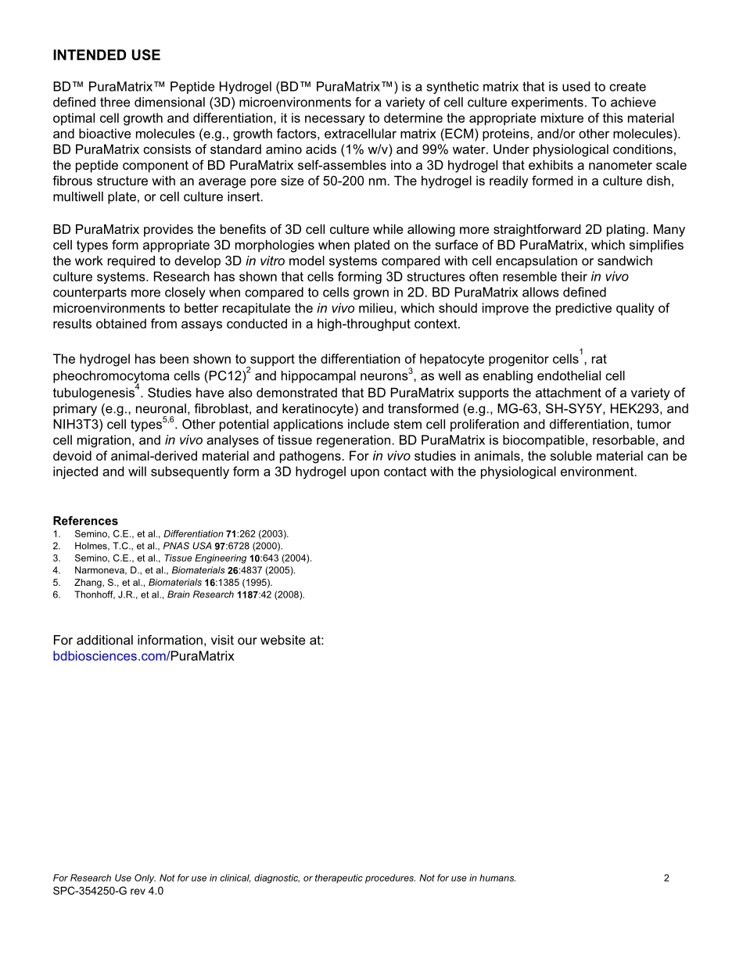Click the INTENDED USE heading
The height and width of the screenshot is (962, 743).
click(106, 56)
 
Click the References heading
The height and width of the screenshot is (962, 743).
click(85, 521)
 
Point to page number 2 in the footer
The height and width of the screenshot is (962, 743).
click(666, 878)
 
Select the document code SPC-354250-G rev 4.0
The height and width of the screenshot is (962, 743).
click(108, 891)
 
